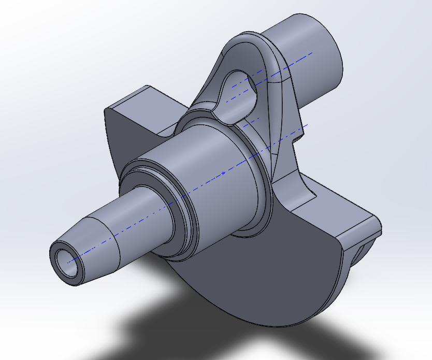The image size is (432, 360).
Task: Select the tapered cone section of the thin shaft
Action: [x=96, y=243]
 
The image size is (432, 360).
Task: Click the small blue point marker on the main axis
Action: [x=223, y=172]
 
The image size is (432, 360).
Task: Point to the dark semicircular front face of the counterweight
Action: [x=269, y=280]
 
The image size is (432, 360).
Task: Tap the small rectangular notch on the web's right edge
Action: [x=298, y=138]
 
